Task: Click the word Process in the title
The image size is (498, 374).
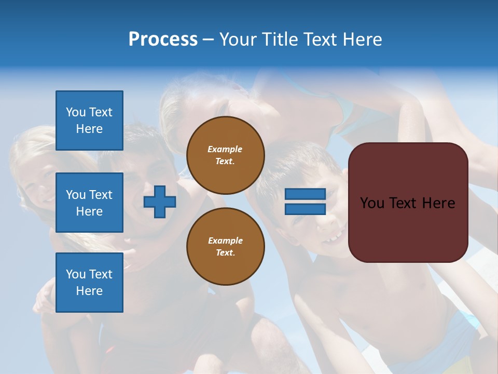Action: click(163, 39)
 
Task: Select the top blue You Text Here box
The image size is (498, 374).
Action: click(89, 121)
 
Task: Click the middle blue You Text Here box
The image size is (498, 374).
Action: click(89, 203)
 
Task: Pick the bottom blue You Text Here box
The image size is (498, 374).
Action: click(89, 283)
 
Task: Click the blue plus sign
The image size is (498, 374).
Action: click(160, 202)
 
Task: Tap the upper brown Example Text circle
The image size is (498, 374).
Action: click(225, 155)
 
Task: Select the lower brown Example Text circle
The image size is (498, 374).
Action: click(225, 246)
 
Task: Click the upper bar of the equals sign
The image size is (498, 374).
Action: click(305, 194)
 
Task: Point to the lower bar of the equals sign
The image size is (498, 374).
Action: click(305, 209)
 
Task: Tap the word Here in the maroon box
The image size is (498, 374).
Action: click(438, 203)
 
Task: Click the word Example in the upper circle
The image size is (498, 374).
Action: click(225, 149)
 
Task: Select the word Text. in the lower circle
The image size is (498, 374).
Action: click(225, 253)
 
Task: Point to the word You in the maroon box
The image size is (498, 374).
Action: click(372, 203)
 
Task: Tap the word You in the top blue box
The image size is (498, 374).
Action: click(76, 112)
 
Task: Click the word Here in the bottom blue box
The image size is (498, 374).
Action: click(89, 291)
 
